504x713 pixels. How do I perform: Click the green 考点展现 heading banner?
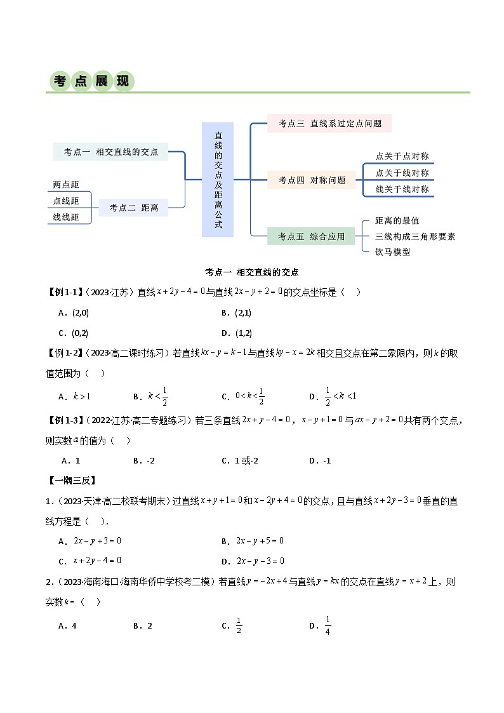(92, 81)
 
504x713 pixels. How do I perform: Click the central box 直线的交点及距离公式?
(218, 180)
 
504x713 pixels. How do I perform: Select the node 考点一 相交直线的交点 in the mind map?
(111, 152)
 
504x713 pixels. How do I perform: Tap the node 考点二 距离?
(133, 208)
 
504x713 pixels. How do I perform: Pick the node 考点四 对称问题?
(312, 180)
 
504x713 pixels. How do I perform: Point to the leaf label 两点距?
(66, 185)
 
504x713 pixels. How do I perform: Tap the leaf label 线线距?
(66, 217)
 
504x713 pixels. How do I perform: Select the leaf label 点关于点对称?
(402, 156)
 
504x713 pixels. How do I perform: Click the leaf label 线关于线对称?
(402, 189)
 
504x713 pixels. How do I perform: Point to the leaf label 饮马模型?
(393, 252)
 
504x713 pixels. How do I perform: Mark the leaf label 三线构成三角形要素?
(415, 236)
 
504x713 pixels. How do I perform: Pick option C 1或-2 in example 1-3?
(240, 461)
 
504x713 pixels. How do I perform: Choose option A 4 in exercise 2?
(67, 626)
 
